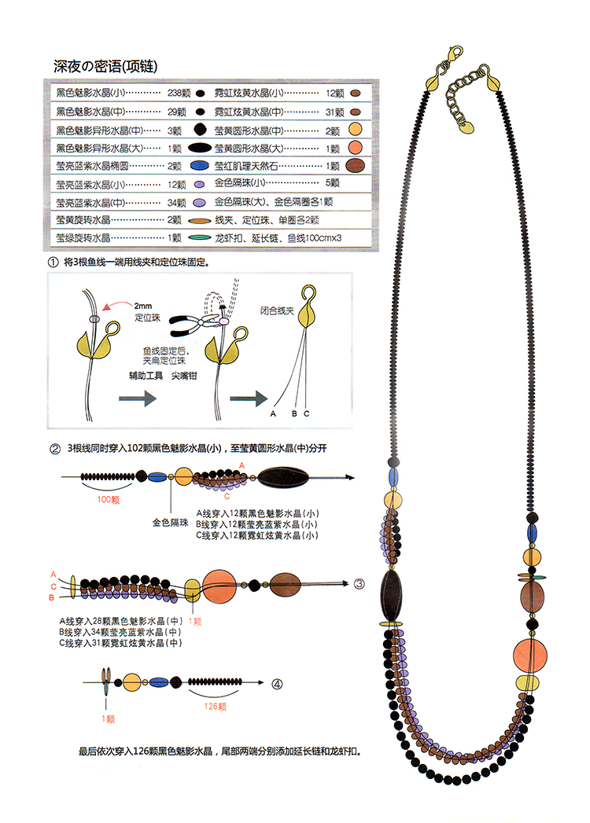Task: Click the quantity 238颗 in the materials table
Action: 176,92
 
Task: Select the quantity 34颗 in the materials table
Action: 176,202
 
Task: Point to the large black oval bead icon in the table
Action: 200,148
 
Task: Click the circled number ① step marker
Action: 53,261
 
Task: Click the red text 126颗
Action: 216,706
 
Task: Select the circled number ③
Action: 359,584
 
